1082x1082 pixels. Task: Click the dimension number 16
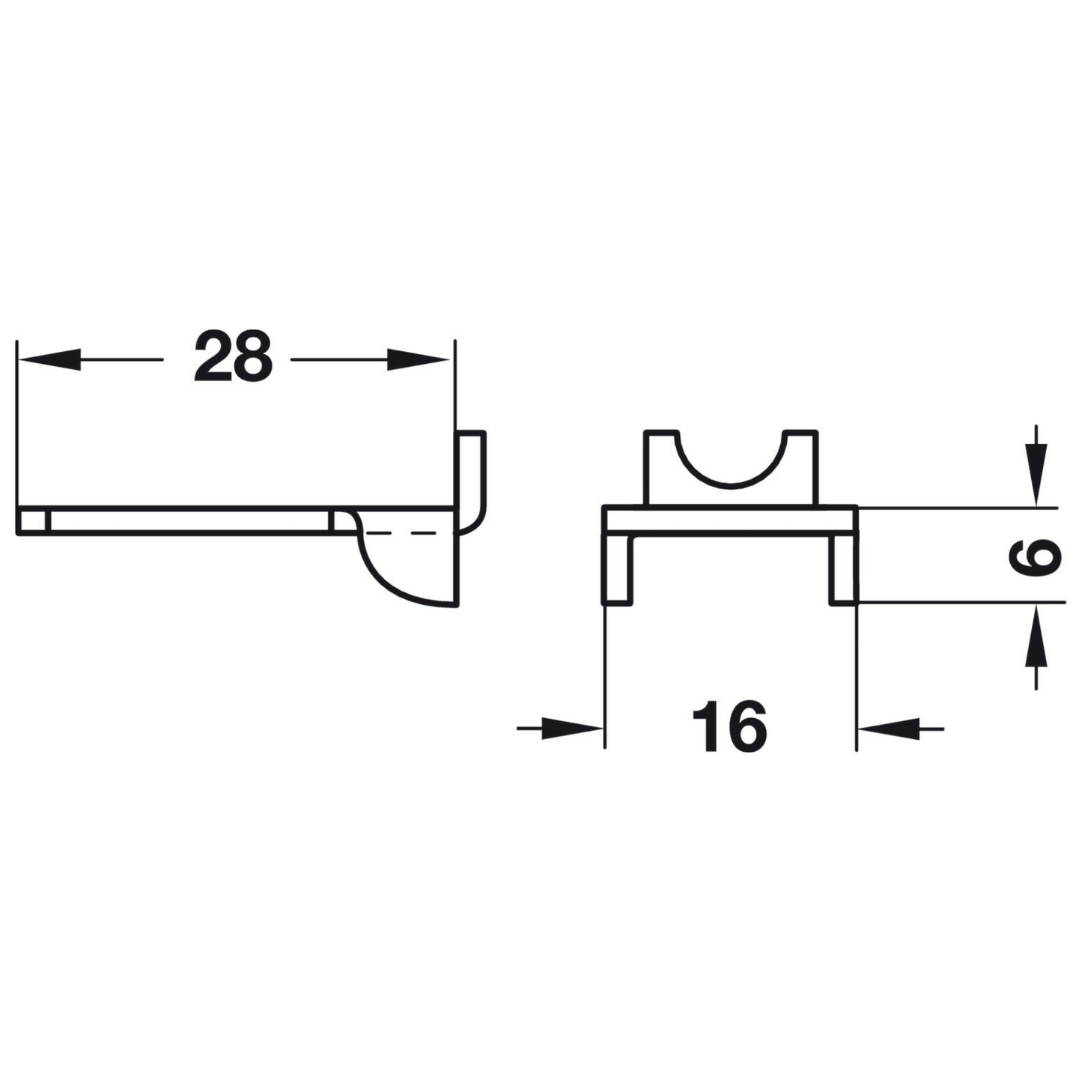pos(729,726)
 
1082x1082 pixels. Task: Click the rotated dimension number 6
pos(1037,556)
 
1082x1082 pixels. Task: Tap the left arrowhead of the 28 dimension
pos(49,359)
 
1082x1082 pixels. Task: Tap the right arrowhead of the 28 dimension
pos(418,359)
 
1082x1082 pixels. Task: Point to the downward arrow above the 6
pos(1036,472)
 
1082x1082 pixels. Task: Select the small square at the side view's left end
pos(33,521)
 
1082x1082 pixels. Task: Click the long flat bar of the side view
pos(187,521)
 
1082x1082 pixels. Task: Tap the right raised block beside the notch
pos(801,468)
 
